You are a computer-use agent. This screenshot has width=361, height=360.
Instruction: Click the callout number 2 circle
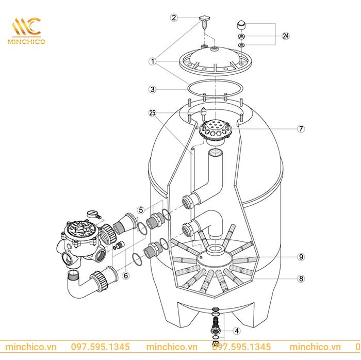pos(174,18)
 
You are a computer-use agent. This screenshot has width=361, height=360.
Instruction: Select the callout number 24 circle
pos(286,36)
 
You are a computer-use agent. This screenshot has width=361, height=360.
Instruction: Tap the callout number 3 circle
pos(152,89)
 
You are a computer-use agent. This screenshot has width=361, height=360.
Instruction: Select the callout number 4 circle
pos(236,331)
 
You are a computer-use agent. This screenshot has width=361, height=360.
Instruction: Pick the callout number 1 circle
pos(152,61)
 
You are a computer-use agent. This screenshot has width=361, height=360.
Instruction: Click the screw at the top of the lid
pos(204,21)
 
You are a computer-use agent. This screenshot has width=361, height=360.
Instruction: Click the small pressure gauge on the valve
pos(91,212)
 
